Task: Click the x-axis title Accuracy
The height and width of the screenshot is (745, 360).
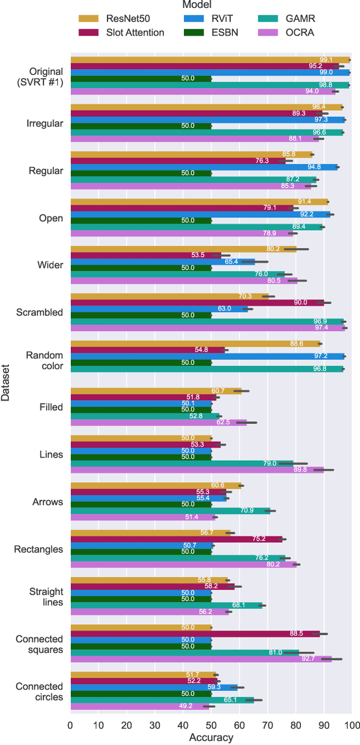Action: pos(211,737)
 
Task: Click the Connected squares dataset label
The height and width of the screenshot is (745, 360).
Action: pos(39,644)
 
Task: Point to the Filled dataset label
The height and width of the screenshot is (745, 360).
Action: pos(51,406)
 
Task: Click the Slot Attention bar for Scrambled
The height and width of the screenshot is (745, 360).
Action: pos(197,302)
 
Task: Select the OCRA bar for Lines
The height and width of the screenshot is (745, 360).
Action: pos(197,470)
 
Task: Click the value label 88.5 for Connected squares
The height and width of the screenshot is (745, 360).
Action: pos(296,633)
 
